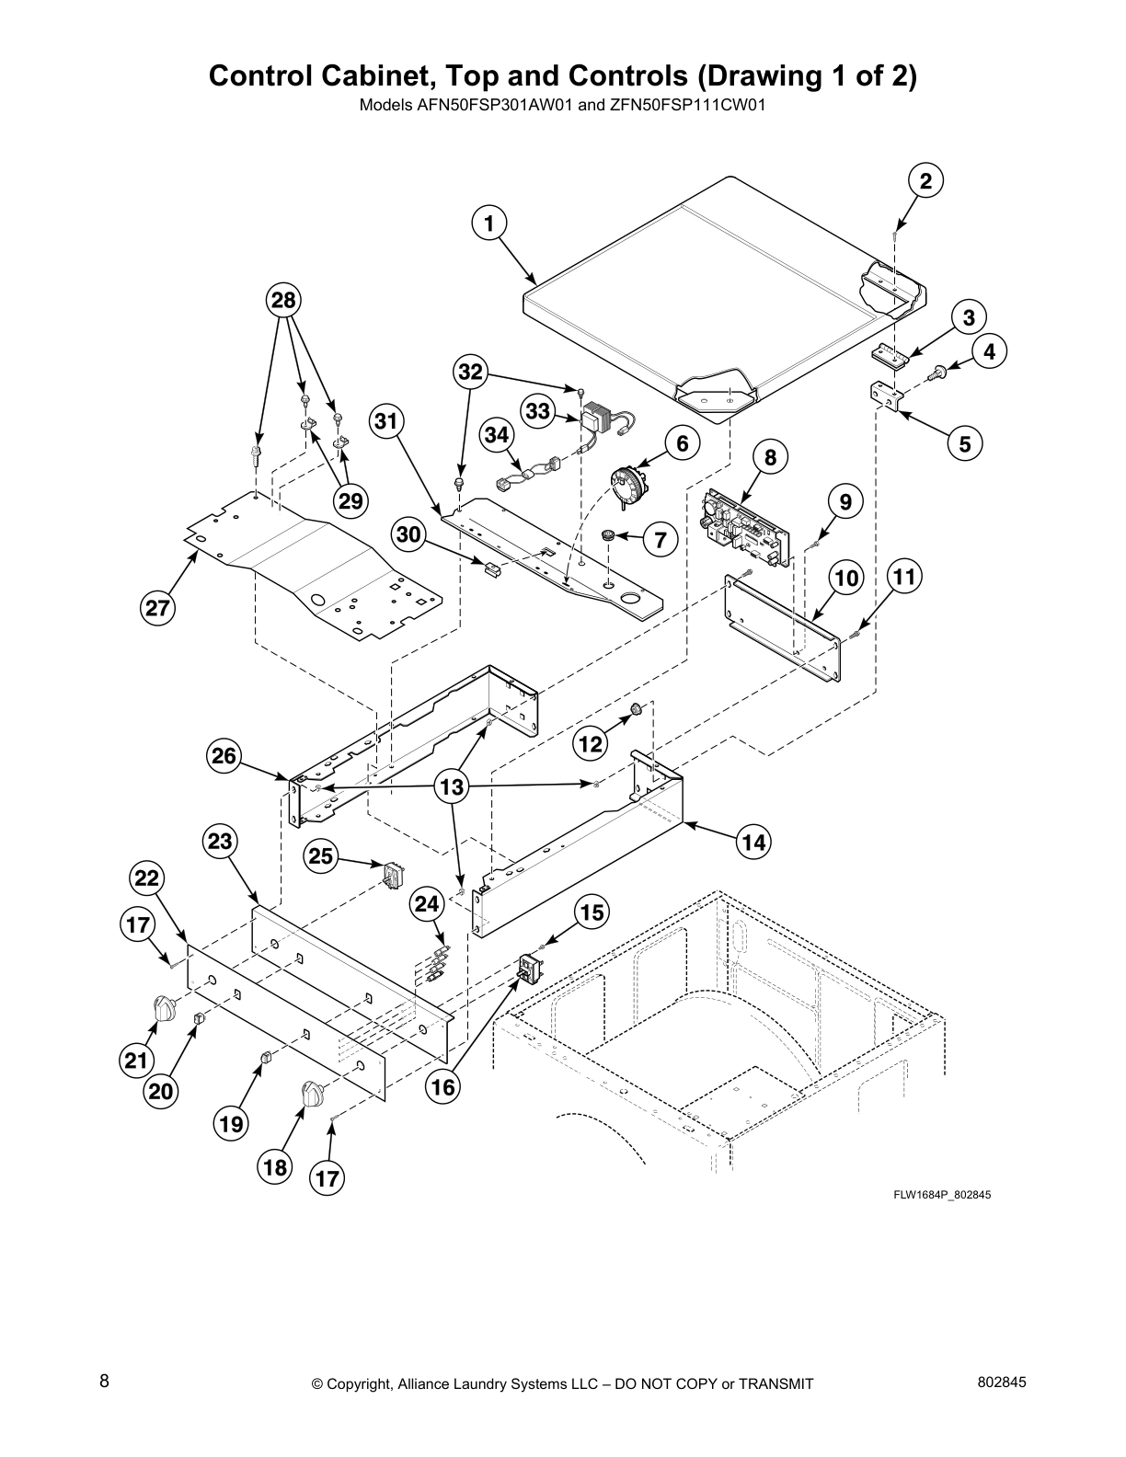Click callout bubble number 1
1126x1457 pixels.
(489, 223)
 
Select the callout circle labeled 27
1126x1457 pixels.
(158, 608)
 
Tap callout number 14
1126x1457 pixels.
(753, 842)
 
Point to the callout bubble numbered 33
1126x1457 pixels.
(539, 412)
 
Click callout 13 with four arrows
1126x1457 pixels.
(453, 786)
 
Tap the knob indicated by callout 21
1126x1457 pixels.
(164, 1008)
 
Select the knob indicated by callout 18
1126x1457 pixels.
(314, 1095)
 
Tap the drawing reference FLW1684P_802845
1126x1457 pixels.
(941, 1195)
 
